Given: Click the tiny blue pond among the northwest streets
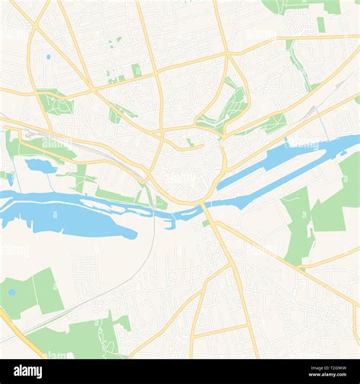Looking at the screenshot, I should (48, 56).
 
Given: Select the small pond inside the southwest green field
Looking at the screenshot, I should (11, 291).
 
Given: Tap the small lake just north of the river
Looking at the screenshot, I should (39, 165).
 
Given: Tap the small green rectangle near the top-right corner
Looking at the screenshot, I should (321, 24).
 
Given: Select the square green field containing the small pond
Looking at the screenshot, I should (30, 292).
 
